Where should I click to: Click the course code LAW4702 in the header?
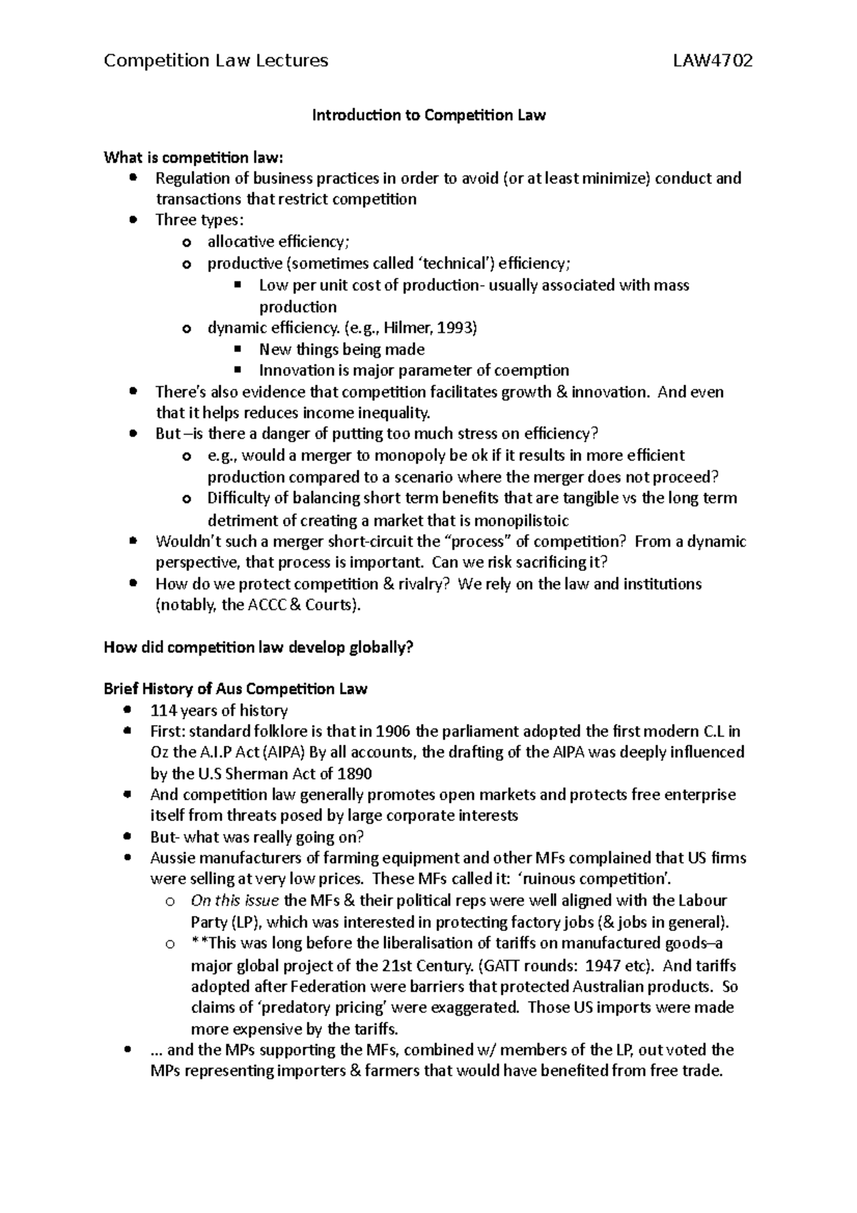713,61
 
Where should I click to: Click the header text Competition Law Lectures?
216,61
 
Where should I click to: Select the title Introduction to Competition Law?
428,115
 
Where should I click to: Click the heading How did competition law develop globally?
259,648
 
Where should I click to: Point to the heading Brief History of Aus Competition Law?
235,689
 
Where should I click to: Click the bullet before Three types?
134,220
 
